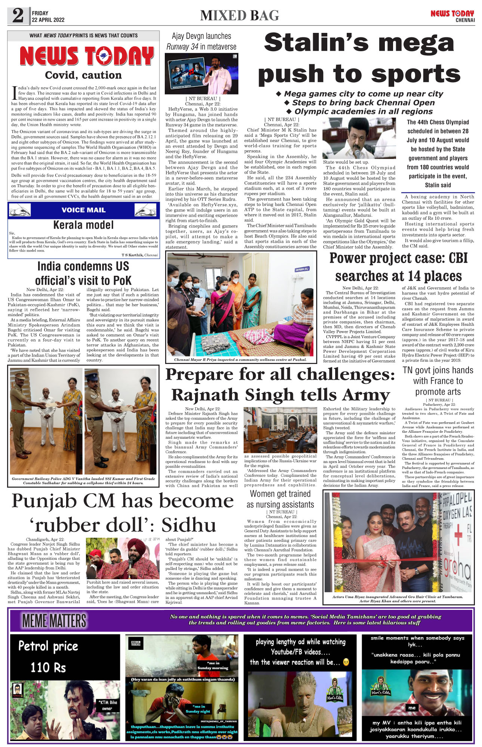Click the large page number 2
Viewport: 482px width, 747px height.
pyautogui.click(x=18, y=16)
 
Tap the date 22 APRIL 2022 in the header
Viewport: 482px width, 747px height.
pyautogui.click(x=48, y=20)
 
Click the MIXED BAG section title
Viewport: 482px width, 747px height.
pyautogui.click(x=240, y=16)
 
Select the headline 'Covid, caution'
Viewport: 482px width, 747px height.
pyautogui.click(x=83, y=75)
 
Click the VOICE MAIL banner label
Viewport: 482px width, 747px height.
pyautogui.click(x=83, y=210)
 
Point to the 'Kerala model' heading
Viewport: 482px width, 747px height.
pyautogui.click(x=83, y=225)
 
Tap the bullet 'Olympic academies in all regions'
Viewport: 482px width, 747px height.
pyautogui.click(x=359, y=111)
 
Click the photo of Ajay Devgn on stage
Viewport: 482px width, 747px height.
pyautogui.click(x=201, y=74)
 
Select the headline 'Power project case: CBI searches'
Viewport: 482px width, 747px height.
pyautogui.click(x=398, y=267)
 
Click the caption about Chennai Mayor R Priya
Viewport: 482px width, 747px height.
pyautogui.click(x=240, y=359)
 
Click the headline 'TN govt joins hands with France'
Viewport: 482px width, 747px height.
pyautogui.click(x=438, y=381)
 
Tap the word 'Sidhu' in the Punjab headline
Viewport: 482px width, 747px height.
pyautogui.click(x=189, y=525)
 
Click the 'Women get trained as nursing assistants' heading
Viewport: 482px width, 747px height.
pyautogui.click(x=280, y=499)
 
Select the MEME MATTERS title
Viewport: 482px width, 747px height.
pyautogui.click(x=55, y=621)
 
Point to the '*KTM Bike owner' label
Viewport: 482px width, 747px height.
pyautogui.click(x=108, y=705)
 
